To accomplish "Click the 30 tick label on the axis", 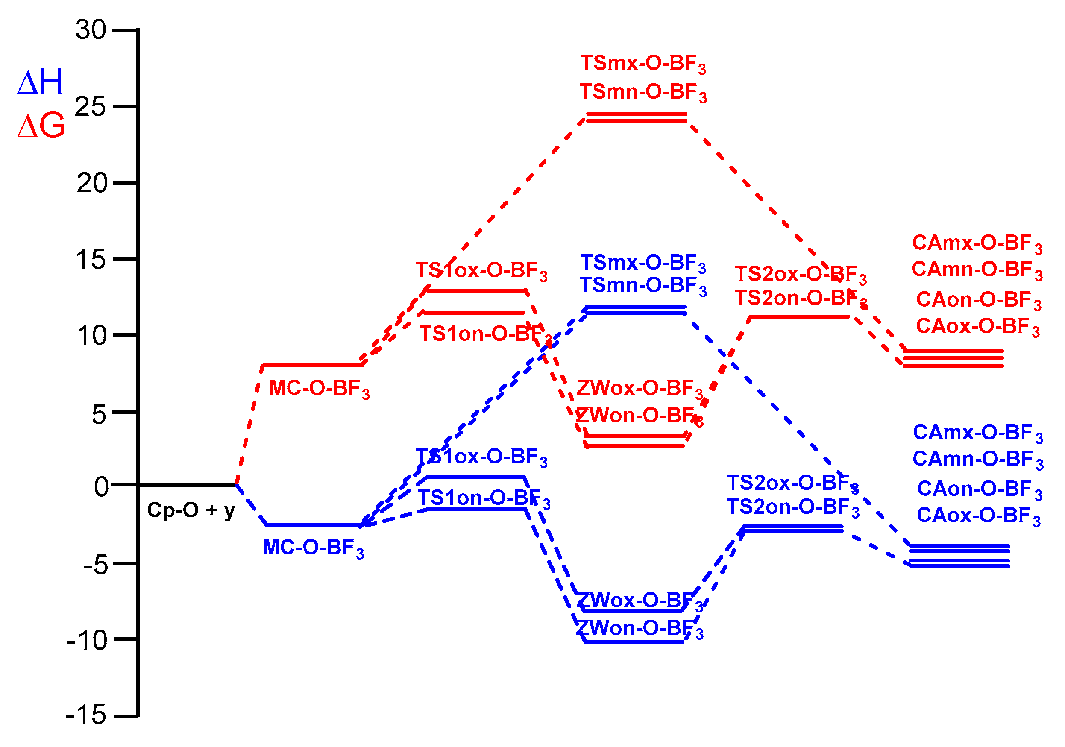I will [91, 30].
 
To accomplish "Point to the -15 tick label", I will [86, 715].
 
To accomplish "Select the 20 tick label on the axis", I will [92, 183].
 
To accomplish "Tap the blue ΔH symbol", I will [40, 82].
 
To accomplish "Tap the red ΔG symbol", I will [41, 126].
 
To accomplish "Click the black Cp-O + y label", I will [191, 510].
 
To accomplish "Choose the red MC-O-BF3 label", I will [319, 389].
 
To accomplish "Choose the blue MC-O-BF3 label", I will [313, 548].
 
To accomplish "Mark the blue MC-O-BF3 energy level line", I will [314, 525].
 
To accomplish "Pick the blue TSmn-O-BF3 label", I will [643, 286].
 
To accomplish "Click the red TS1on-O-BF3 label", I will [485, 334].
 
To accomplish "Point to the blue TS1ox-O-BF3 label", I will [481, 457].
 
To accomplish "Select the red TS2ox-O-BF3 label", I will [801, 275].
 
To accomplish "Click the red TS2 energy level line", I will [800, 317].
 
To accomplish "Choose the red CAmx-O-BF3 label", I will [977, 243].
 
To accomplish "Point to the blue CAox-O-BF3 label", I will [979, 516].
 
